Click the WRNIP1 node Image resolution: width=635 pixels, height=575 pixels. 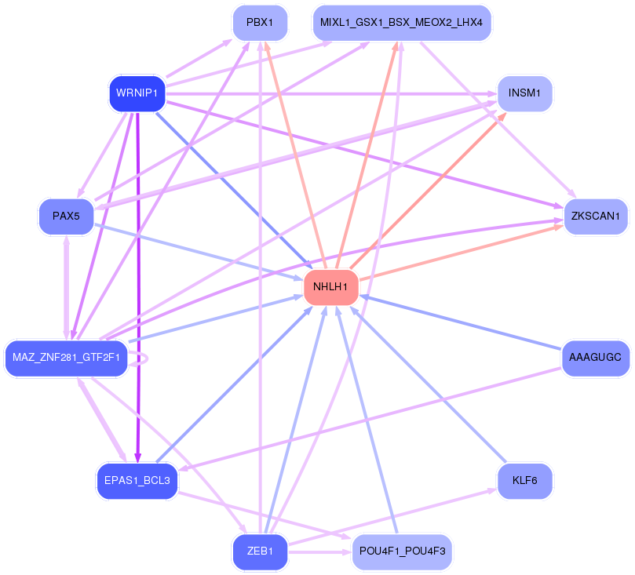(x=137, y=93)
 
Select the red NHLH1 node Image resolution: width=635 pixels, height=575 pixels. (x=331, y=287)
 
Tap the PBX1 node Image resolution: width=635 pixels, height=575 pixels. (x=260, y=23)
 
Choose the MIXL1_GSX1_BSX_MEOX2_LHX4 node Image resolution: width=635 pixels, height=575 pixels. (x=402, y=23)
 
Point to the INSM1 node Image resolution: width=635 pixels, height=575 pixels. (x=525, y=93)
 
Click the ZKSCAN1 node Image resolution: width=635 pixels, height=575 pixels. (x=596, y=217)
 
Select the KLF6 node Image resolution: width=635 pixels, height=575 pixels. (x=525, y=481)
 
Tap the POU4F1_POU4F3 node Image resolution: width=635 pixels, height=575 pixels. (x=402, y=552)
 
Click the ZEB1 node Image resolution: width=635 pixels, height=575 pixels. (x=260, y=552)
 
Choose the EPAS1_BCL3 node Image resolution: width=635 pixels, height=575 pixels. (x=137, y=481)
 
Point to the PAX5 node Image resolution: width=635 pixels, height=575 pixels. (x=67, y=217)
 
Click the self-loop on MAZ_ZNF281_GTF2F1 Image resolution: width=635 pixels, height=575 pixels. (x=138, y=358)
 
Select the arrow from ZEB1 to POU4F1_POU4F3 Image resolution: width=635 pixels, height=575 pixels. (x=319, y=552)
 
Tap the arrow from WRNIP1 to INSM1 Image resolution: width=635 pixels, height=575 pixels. (x=332, y=94)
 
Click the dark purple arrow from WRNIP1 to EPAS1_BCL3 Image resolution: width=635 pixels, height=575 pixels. (x=138, y=287)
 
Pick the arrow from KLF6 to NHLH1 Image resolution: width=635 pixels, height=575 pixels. (x=428, y=384)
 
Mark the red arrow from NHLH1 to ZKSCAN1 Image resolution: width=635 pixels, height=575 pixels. (x=462, y=253)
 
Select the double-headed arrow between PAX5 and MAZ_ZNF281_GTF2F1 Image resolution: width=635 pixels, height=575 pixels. (x=67, y=287)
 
